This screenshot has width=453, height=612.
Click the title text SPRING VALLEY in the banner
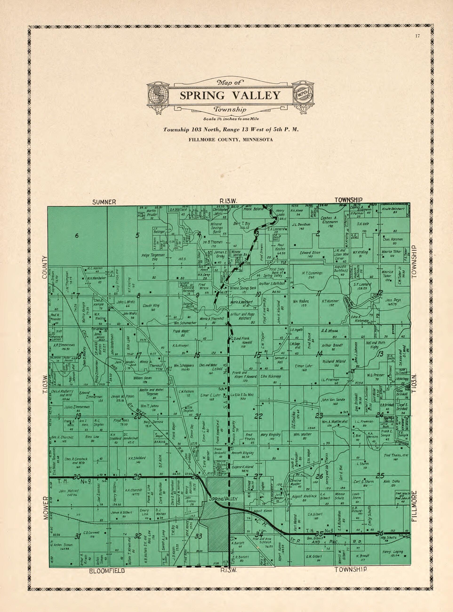coord(230,95)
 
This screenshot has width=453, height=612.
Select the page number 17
coord(418,35)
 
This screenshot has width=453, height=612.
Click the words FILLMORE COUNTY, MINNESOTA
coord(230,140)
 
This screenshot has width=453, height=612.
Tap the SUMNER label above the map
coord(104,202)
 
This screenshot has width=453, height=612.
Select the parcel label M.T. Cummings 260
coord(312,275)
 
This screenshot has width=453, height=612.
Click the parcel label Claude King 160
coord(151,307)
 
